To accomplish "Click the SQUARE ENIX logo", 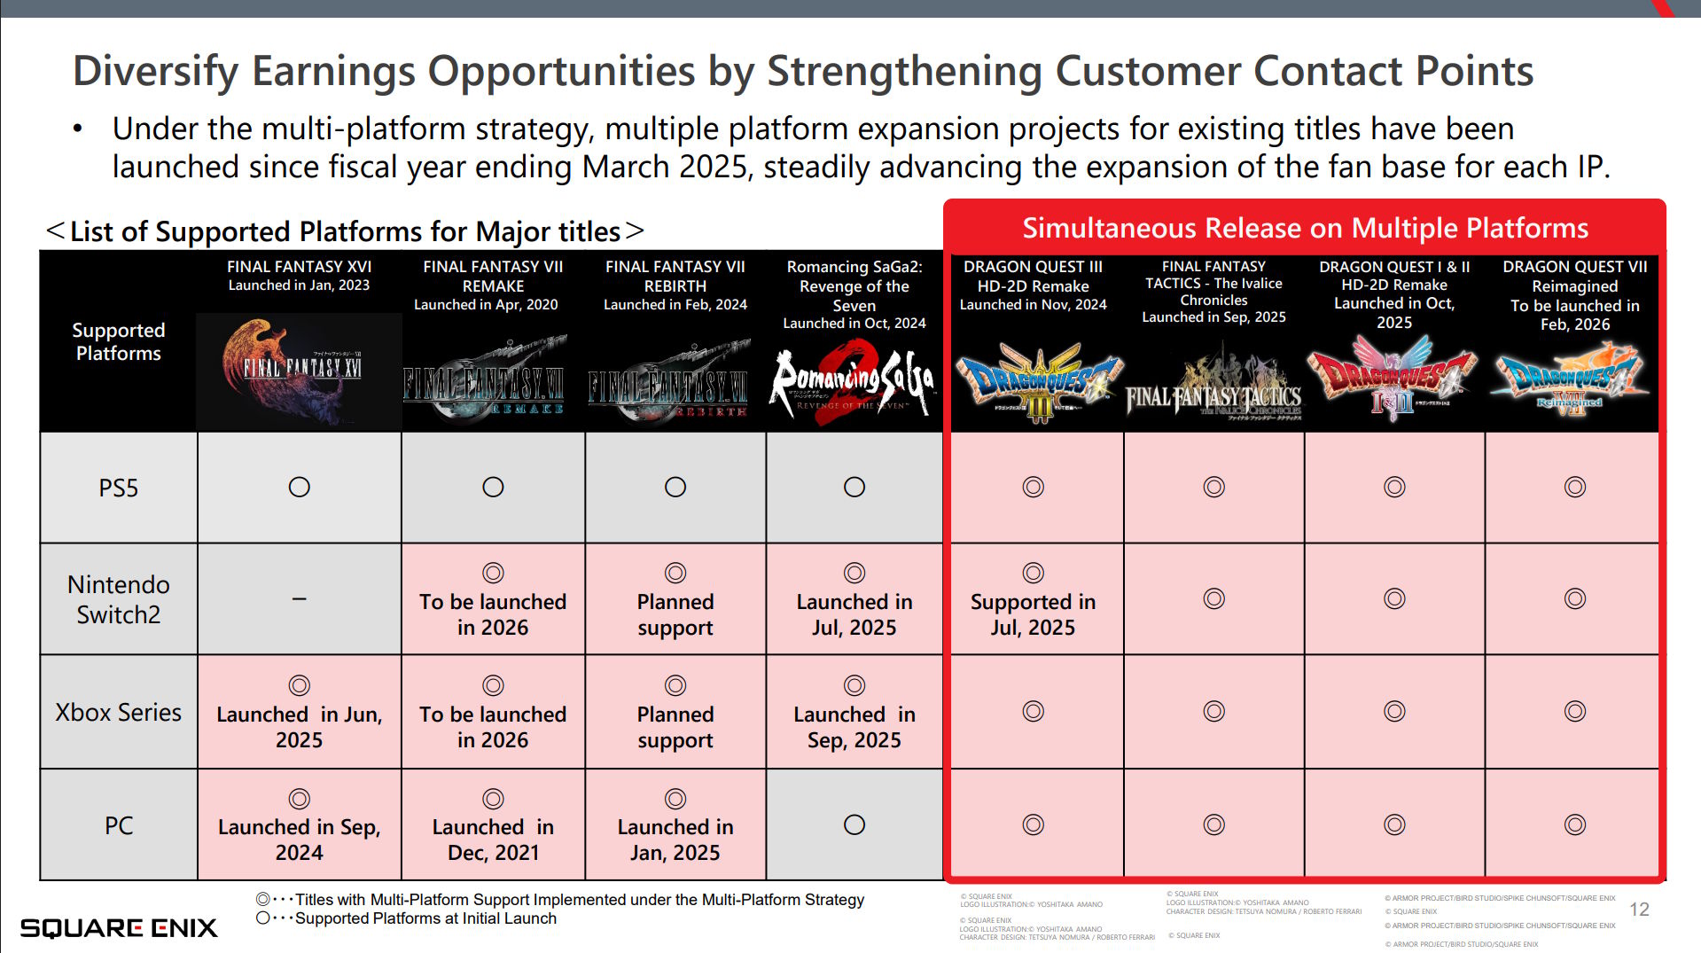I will point(119,927).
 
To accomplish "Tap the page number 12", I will point(1639,910).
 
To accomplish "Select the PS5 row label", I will point(119,488).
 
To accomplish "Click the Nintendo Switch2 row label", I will point(119,599).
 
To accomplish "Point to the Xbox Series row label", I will point(119,713).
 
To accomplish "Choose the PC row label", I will point(119,825).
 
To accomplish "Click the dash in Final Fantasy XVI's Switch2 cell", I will point(300,599).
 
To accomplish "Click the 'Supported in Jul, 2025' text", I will point(1033,614).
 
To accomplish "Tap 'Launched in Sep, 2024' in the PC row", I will point(300,840).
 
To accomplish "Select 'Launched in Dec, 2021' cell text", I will point(493,840).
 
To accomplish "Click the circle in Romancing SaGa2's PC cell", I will point(854,824).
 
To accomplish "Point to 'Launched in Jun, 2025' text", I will point(300,727).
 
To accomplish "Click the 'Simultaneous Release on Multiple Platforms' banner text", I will point(1305,228).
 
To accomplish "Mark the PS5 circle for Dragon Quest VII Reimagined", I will point(1574,487).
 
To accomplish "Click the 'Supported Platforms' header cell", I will point(119,341).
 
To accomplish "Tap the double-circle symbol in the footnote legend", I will point(263,899).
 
